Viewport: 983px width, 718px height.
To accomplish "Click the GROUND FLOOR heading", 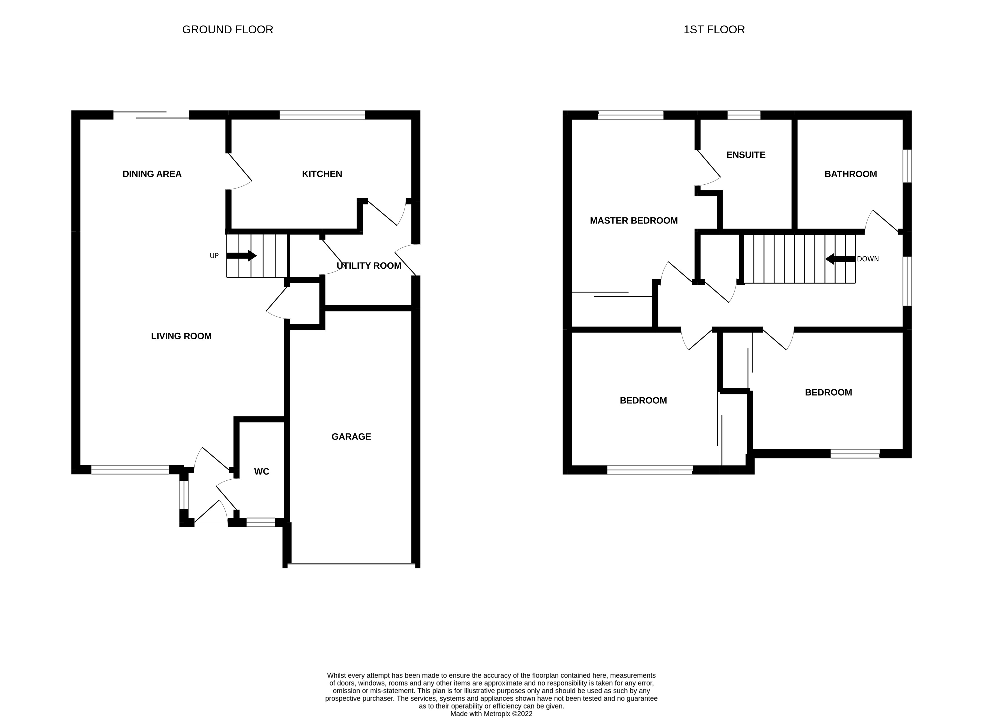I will tap(227, 29).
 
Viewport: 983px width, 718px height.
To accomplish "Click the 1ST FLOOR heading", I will tap(714, 29).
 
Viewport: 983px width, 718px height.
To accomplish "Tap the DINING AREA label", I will tap(152, 174).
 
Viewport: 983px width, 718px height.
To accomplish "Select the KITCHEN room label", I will tap(322, 174).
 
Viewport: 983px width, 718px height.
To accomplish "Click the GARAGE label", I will tap(351, 437).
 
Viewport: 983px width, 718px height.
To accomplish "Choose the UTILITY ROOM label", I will tap(369, 266).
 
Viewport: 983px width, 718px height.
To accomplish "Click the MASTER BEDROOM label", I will tap(633, 220).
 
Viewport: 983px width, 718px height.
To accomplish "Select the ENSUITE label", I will tap(746, 155).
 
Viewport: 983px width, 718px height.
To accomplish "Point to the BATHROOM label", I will tap(850, 174).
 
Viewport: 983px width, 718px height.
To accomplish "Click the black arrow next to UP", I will tap(241, 255).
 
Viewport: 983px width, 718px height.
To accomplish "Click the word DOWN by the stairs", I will tap(868, 259).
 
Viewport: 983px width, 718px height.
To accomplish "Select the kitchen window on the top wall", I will tap(322, 115).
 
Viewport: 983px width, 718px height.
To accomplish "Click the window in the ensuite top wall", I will tap(744, 115).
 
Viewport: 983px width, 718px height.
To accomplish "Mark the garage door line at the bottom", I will tap(351, 564).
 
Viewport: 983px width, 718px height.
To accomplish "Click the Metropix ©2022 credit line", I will tap(491, 713).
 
